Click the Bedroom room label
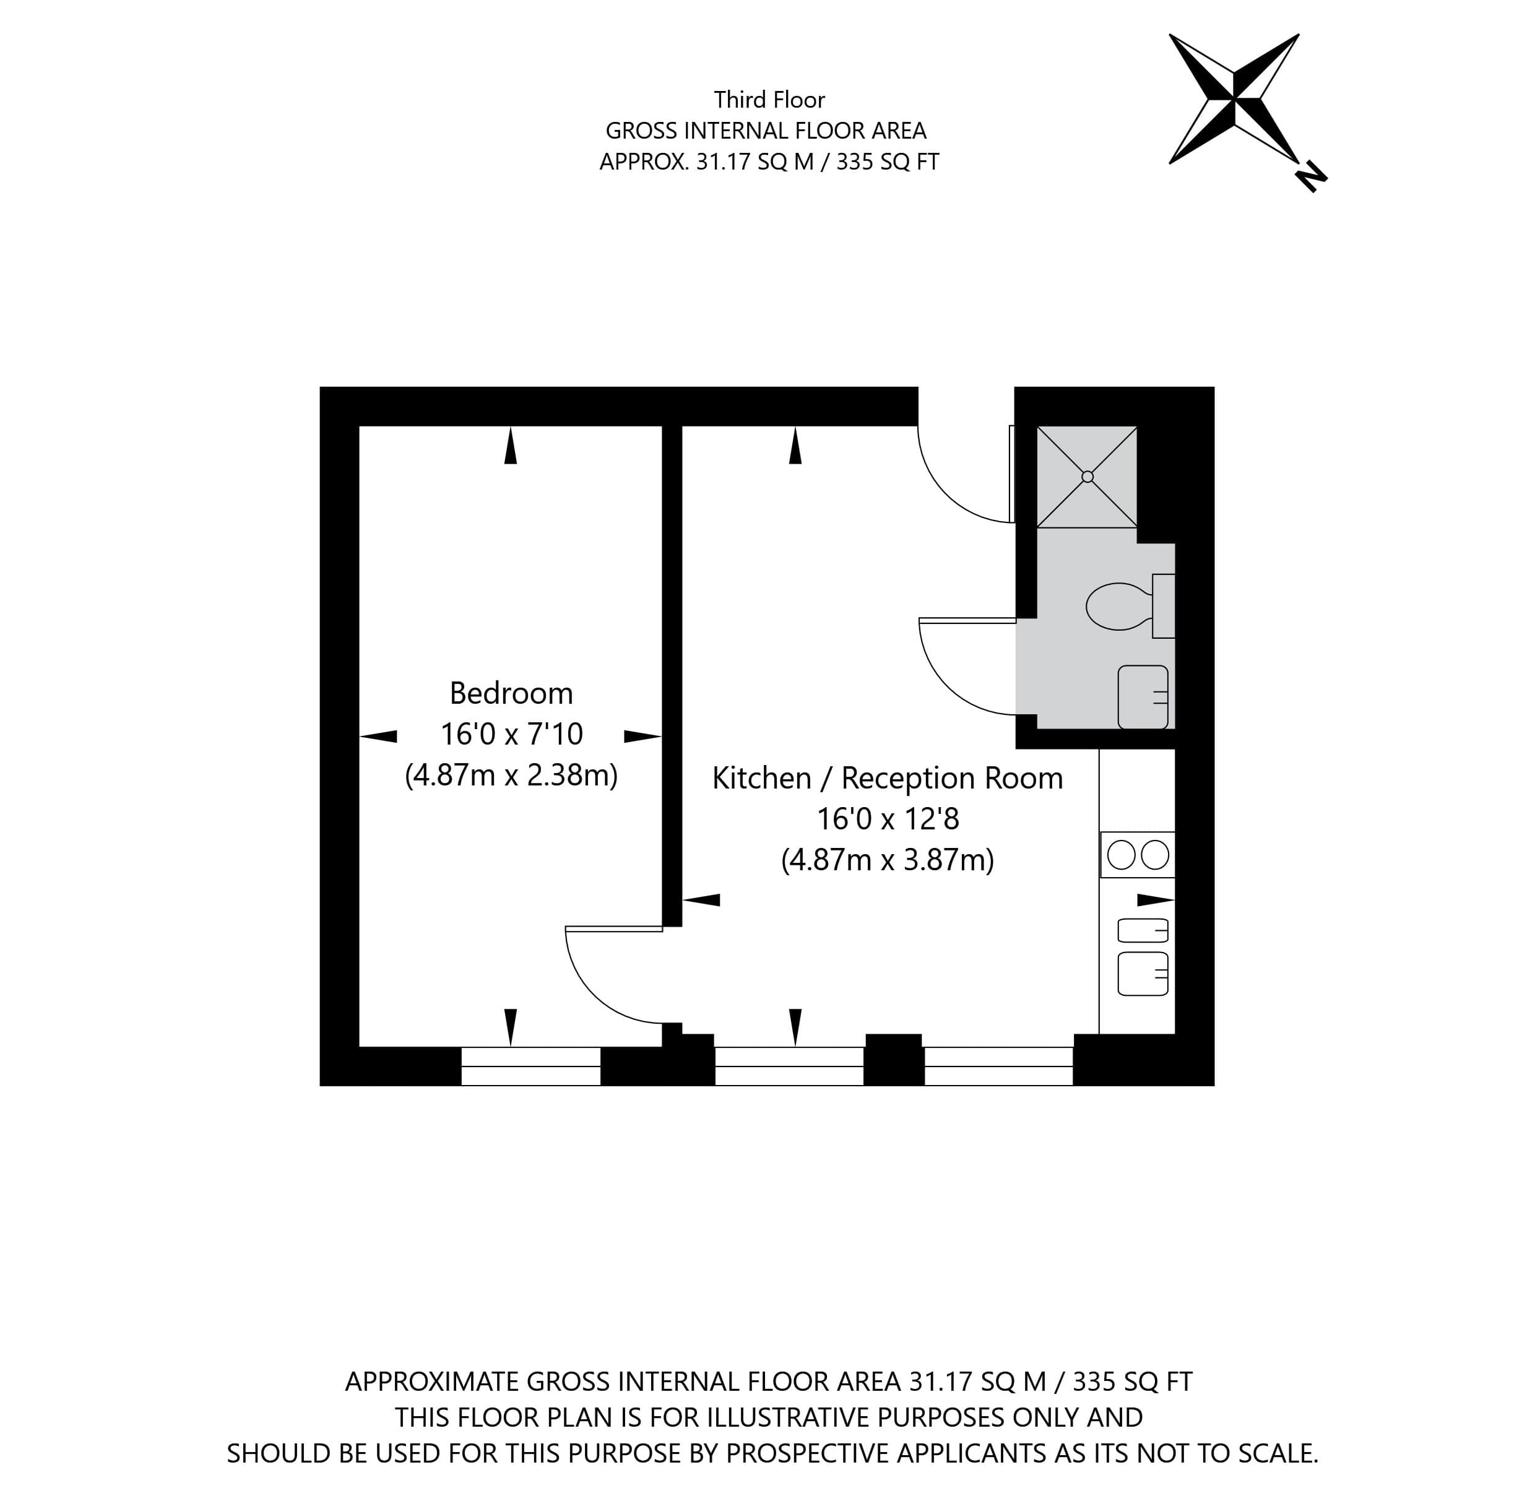511,693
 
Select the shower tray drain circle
1087,477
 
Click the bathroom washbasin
1143,698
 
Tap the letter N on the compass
1311,177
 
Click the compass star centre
1233,100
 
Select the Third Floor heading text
769,100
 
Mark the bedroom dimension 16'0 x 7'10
511,735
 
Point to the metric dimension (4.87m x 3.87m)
888,860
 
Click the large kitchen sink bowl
1143,974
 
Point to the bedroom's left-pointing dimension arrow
379,737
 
